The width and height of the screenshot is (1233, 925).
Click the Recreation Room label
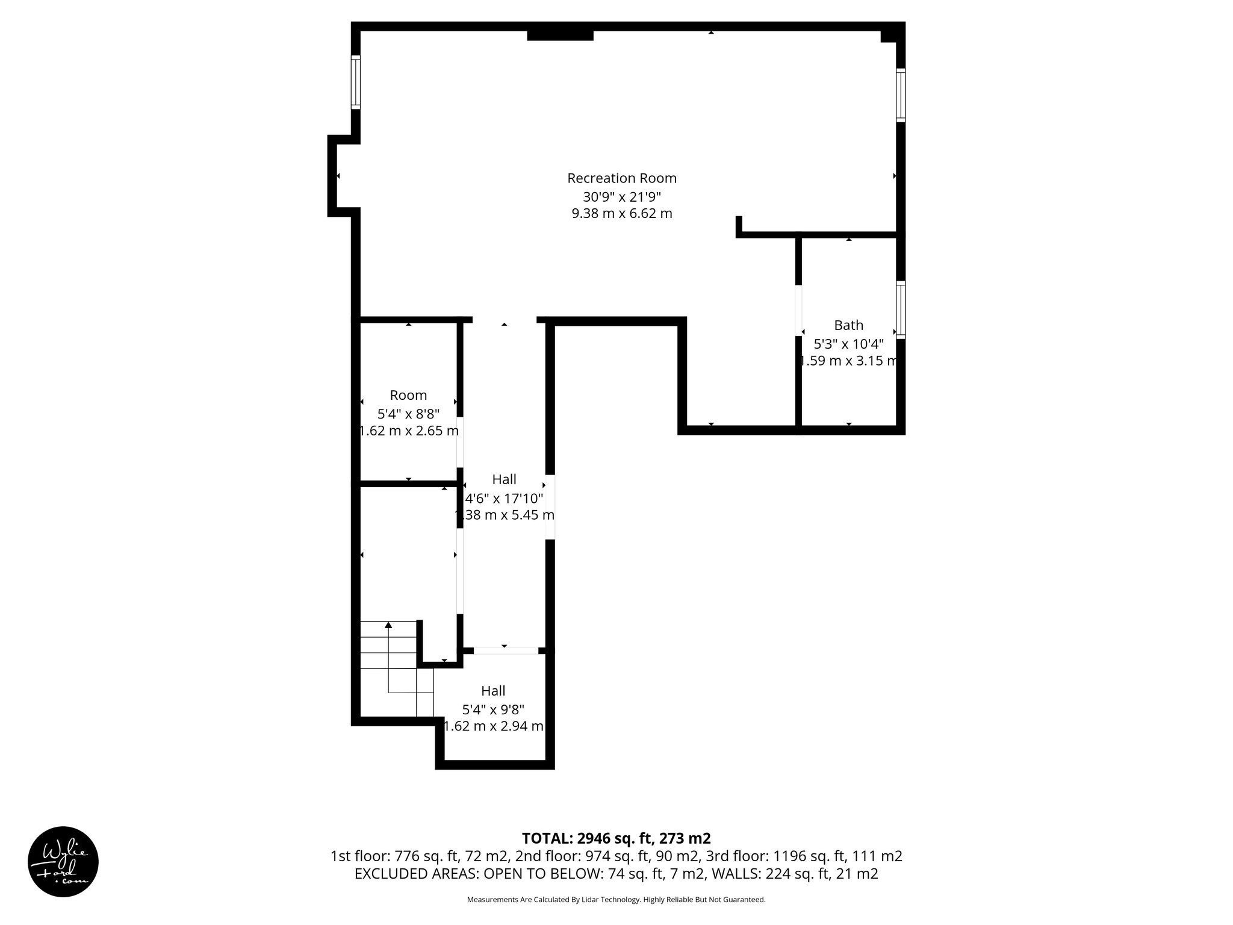[622, 178]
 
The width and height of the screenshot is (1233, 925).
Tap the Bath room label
[848, 325]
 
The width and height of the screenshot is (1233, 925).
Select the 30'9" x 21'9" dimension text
[622, 196]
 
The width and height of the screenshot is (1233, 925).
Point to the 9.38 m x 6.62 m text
[622, 213]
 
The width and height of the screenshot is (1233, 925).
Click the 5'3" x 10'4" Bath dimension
[848, 344]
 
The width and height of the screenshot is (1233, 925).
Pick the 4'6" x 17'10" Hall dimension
[505, 498]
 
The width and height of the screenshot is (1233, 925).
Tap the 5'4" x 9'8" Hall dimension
[493, 709]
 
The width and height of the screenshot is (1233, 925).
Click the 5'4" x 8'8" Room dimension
[408, 414]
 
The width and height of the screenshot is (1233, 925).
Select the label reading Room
[408, 395]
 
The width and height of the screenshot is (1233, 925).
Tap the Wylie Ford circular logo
[63, 861]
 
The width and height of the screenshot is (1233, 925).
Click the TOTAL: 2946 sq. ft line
[616, 838]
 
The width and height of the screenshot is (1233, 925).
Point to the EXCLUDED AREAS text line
[616, 874]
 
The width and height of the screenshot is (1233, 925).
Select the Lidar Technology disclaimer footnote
[616, 900]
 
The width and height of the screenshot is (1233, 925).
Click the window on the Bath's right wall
[901, 311]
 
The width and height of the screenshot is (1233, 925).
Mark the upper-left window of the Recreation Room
[356, 83]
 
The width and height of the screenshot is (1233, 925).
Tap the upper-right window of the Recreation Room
[901, 95]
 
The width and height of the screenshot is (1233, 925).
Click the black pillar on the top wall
[560, 36]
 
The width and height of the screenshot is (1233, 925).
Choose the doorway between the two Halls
[506, 650]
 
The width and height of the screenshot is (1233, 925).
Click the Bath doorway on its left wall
[799, 310]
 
